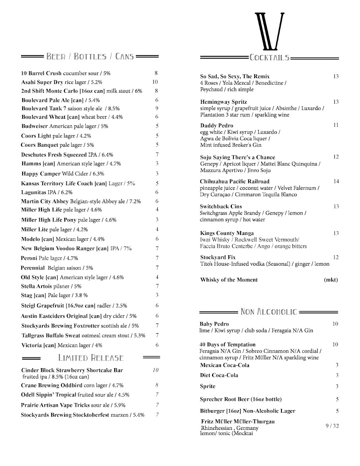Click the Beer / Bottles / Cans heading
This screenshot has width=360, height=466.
(90, 57)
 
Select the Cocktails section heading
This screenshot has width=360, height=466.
(270, 58)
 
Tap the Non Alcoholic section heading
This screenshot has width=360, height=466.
(269, 311)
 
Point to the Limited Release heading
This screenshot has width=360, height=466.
(91, 357)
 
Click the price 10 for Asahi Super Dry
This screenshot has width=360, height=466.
(155, 82)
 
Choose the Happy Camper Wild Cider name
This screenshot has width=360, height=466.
(41, 174)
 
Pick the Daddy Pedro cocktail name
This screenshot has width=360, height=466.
(217, 125)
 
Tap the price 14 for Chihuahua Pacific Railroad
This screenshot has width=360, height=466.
(336, 181)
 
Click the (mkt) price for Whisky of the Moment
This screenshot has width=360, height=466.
(331, 280)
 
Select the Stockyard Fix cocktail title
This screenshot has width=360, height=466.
(218, 257)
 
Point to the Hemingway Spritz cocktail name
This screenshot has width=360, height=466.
(223, 102)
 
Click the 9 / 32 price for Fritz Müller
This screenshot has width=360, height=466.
(332, 426)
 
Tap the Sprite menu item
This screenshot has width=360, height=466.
(207, 386)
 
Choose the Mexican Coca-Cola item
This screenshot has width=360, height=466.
(224, 365)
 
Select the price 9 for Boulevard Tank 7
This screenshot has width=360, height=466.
(157, 108)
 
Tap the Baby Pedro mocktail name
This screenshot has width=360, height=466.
(214, 324)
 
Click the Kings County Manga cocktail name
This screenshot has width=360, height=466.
(227, 233)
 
